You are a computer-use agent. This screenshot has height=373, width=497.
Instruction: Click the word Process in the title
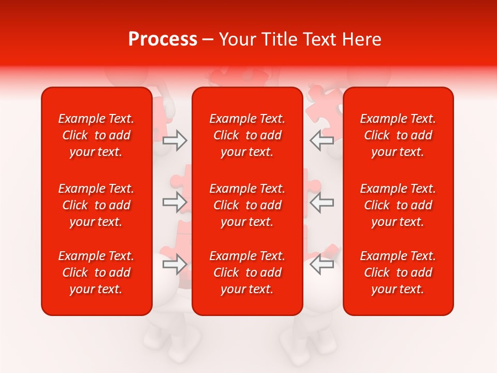163,39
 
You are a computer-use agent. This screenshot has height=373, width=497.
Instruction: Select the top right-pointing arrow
174,140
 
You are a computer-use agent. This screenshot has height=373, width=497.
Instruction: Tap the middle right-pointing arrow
174,202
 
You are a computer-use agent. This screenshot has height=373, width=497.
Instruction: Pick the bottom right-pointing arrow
174,265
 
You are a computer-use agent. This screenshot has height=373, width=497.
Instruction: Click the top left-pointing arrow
321,140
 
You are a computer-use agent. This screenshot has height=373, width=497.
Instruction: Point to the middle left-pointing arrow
321,202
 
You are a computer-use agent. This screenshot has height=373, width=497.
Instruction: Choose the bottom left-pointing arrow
321,265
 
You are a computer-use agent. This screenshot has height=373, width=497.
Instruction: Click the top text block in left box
96,135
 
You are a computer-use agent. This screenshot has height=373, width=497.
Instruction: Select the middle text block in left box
96,205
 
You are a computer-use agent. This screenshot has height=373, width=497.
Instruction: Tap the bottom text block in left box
96,272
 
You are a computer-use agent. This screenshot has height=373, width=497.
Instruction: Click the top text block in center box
247,135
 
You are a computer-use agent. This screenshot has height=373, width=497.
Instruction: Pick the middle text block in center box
247,205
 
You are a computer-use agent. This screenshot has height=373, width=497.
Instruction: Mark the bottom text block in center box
247,272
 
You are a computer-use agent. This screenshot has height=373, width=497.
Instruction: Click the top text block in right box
398,135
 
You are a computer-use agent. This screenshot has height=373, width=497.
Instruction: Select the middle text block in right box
398,205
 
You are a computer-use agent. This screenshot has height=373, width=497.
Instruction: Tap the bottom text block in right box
398,272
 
